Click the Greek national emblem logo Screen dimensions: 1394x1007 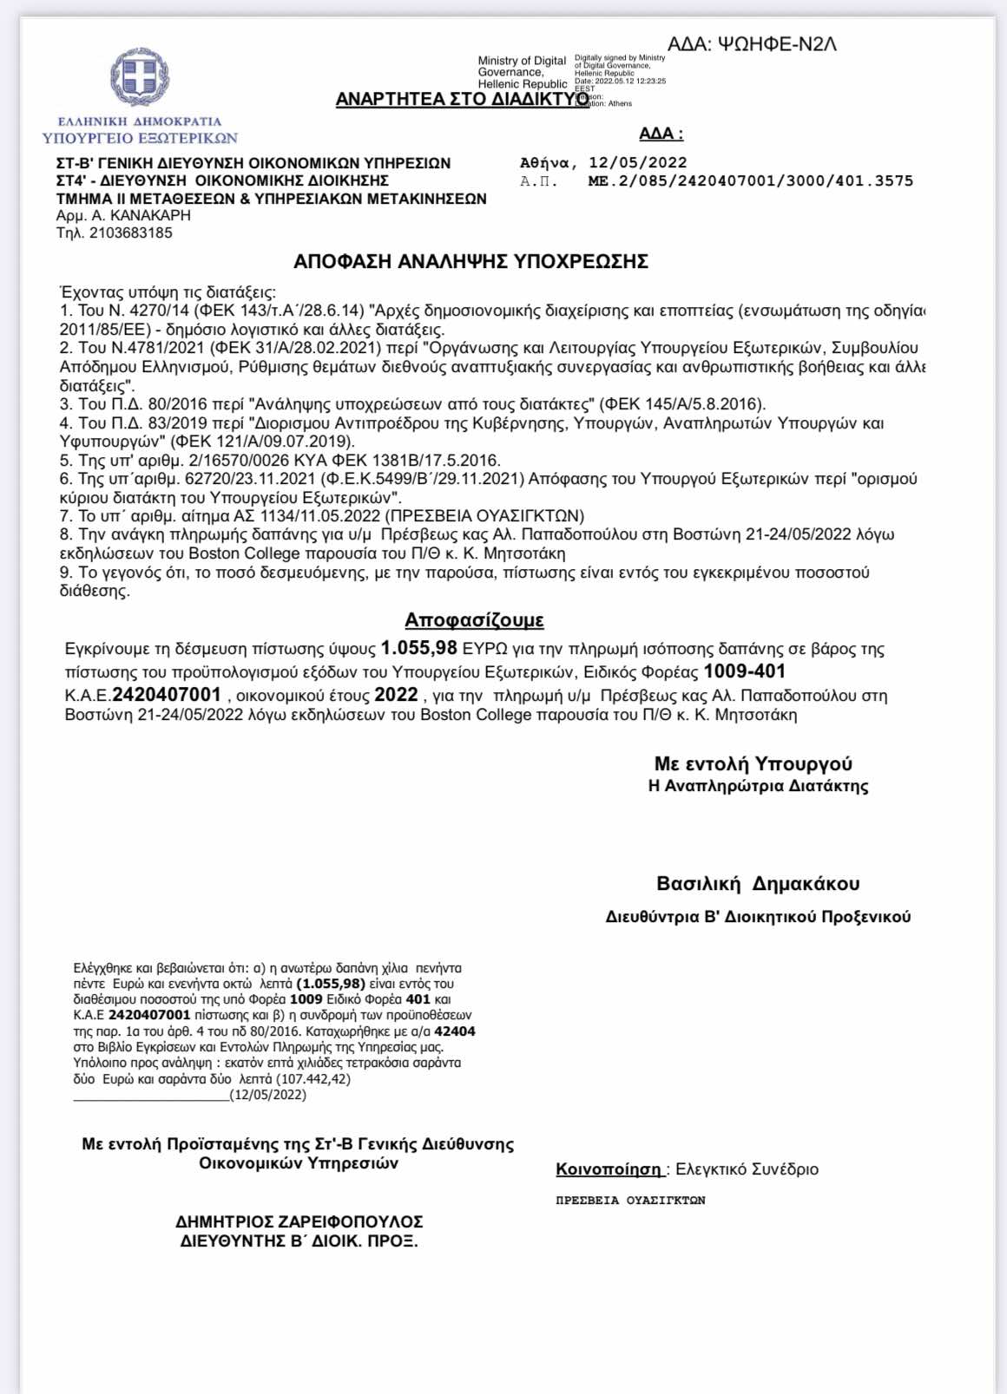point(140,77)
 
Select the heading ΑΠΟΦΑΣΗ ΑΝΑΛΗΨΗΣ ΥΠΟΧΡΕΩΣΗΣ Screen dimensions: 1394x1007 point(471,262)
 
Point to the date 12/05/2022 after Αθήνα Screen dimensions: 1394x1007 point(637,163)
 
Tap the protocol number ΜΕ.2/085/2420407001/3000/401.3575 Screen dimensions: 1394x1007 point(750,181)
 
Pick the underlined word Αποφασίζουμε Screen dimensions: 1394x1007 point(474,620)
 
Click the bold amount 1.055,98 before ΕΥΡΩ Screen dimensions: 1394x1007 point(418,648)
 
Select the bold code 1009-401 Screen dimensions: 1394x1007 point(744,671)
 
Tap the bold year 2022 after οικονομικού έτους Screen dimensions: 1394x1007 point(396,695)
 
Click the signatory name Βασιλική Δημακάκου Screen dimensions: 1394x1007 point(758,884)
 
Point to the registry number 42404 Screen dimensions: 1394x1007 point(455,1031)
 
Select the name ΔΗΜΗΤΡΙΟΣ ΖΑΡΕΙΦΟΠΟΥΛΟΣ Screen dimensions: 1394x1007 point(299,1222)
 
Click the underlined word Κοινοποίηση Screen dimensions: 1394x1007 point(609,1169)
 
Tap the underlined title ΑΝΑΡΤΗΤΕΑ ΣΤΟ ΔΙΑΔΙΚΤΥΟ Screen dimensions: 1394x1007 point(462,99)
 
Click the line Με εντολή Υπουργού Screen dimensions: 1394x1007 point(753,764)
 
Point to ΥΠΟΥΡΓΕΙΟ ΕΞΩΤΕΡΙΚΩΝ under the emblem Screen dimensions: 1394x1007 point(140,138)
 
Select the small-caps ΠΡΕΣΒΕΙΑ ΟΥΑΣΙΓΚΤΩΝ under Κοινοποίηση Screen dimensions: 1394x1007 point(630,1201)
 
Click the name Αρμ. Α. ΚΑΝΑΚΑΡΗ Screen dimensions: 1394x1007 point(123,215)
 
